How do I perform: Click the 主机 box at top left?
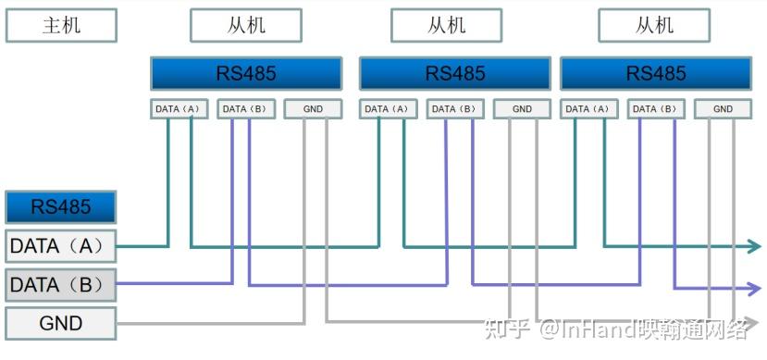click(61, 25)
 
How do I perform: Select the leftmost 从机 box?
click(245, 25)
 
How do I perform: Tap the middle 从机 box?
click(446, 25)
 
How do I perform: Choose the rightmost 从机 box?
click(654, 25)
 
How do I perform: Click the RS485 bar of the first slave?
click(246, 73)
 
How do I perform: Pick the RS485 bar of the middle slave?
click(455, 73)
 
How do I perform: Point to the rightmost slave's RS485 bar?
click(656, 73)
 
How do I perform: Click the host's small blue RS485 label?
click(61, 206)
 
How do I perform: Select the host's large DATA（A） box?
click(61, 246)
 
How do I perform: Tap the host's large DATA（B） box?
click(61, 284)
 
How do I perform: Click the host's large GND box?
click(61, 323)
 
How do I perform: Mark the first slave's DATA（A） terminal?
click(179, 109)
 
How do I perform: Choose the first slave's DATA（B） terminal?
click(246, 109)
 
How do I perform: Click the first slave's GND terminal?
click(313, 109)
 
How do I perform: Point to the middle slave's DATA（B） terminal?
click(455, 109)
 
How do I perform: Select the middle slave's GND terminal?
click(522, 109)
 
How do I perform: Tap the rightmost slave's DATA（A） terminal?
click(589, 109)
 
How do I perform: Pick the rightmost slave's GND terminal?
click(724, 109)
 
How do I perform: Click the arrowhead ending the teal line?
click(753, 246)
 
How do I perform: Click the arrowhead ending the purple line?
click(753, 285)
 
